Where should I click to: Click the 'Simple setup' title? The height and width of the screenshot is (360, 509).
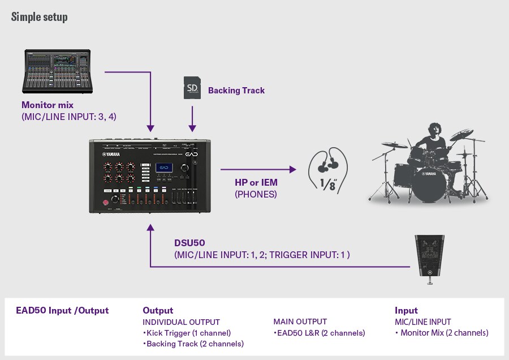(x=39, y=17)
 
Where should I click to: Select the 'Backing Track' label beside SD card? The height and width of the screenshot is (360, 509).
(x=236, y=91)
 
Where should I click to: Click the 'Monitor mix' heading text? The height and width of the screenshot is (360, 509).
(x=48, y=105)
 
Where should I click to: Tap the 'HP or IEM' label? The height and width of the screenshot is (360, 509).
(x=256, y=182)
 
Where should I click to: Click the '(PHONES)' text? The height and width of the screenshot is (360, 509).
(x=256, y=194)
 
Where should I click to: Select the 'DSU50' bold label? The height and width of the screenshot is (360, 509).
(x=190, y=243)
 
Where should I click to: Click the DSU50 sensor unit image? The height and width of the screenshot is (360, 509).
(x=428, y=254)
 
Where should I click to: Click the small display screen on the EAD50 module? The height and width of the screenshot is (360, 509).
(x=164, y=168)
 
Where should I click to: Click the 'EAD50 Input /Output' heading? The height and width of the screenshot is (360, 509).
(x=62, y=310)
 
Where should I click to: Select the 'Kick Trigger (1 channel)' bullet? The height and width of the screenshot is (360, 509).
(x=187, y=333)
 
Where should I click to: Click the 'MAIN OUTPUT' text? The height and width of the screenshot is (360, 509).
(x=300, y=322)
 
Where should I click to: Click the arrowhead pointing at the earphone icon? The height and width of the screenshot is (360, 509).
(x=292, y=169)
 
